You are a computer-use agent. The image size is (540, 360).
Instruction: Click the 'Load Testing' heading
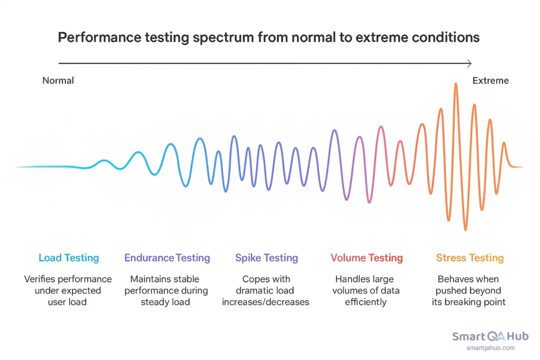pyautogui.click(x=69, y=258)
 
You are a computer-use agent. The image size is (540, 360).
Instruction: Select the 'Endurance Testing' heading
pyautogui.click(x=167, y=258)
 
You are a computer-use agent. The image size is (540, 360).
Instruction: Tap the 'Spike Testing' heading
pyautogui.click(x=266, y=258)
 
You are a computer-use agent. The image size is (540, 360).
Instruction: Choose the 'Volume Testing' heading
pyautogui.click(x=367, y=258)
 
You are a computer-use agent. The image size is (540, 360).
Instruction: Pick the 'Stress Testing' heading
pyautogui.click(x=469, y=258)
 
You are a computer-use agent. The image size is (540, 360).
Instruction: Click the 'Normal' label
pyautogui.click(x=58, y=81)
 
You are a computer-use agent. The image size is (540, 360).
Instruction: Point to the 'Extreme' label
pyautogui.click(x=490, y=81)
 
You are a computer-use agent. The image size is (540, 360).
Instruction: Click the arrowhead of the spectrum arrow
pyautogui.click(x=469, y=63)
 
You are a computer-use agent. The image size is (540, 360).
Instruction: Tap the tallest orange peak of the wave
pyautogui.click(x=456, y=85)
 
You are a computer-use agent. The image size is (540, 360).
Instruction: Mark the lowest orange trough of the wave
pyautogui.click(x=465, y=229)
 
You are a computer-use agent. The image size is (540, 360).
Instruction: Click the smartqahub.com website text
pyautogui.click(x=490, y=348)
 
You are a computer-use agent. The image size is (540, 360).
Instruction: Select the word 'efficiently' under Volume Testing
pyautogui.click(x=366, y=302)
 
